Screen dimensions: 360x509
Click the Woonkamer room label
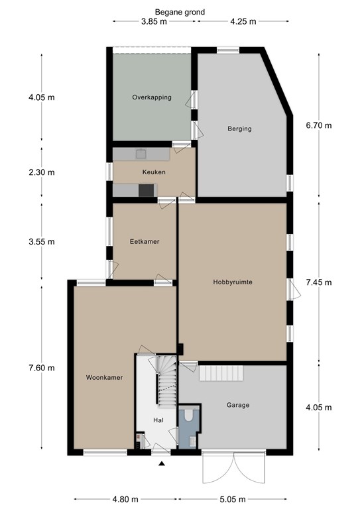pos(104,378)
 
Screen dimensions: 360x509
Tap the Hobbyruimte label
pos(233,282)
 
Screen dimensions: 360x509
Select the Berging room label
pos(239,129)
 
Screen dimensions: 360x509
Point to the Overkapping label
pos(152,97)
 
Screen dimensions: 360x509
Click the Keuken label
pos(154,172)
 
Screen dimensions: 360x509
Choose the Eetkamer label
pos(145,241)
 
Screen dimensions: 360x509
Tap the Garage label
pos(238,405)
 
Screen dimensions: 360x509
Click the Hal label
pos(158,420)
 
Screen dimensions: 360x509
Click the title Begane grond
pos(180,13)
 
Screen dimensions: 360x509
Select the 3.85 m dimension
pos(154,22)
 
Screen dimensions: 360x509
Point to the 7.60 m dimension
pos(42,368)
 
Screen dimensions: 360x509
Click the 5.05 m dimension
pos(233,499)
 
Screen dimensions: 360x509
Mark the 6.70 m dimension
pos(319,125)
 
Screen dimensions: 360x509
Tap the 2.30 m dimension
pos(42,172)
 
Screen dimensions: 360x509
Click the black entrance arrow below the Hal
pos(162,463)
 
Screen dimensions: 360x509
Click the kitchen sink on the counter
pos(141,154)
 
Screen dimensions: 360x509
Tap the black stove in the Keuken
pos(147,190)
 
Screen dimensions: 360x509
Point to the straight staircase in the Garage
pos(221,373)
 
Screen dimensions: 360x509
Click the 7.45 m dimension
pos(319,282)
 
